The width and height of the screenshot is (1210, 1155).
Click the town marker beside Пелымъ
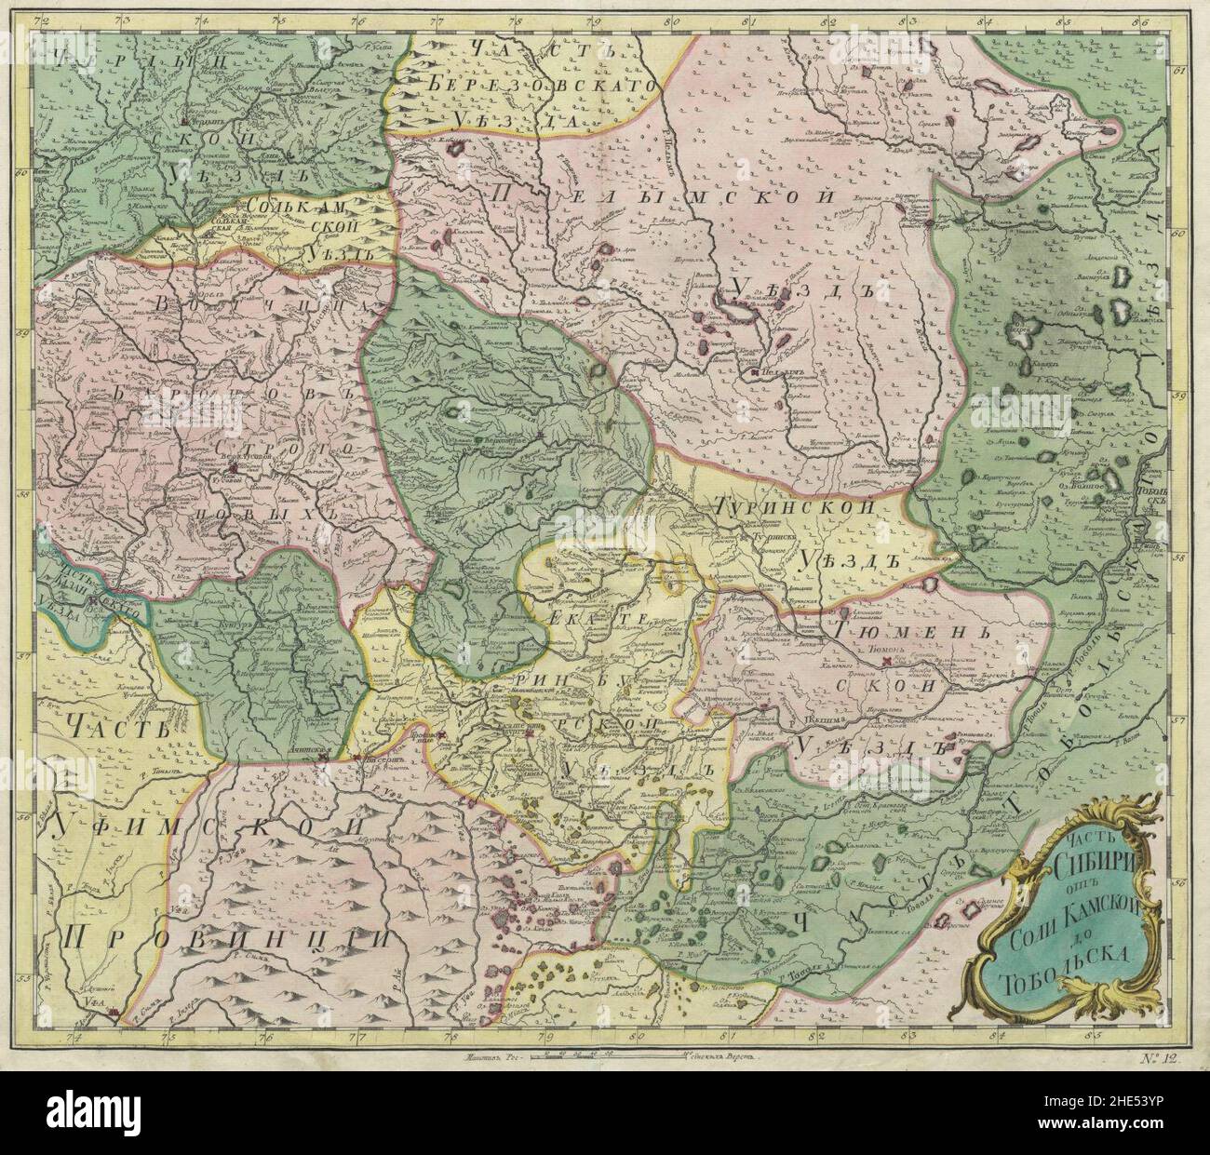click(x=754, y=373)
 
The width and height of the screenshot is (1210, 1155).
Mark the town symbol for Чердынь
click(x=185, y=122)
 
